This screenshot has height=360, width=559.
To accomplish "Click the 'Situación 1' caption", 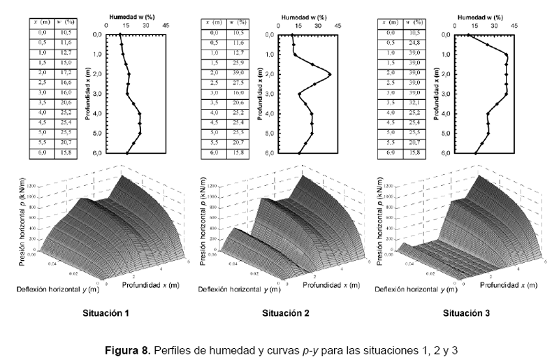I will click(x=106, y=312).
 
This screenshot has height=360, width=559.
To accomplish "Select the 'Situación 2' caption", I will click(x=286, y=312).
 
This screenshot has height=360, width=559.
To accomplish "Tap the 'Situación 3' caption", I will click(x=466, y=312).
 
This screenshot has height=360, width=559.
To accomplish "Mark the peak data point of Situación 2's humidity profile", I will click(x=329, y=73).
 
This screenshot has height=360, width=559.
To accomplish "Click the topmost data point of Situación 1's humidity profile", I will click(x=120, y=34).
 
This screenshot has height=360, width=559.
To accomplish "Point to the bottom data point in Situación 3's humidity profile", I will click(x=476, y=152).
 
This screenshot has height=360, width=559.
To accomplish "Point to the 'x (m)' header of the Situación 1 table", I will click(x=41, y=22).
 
